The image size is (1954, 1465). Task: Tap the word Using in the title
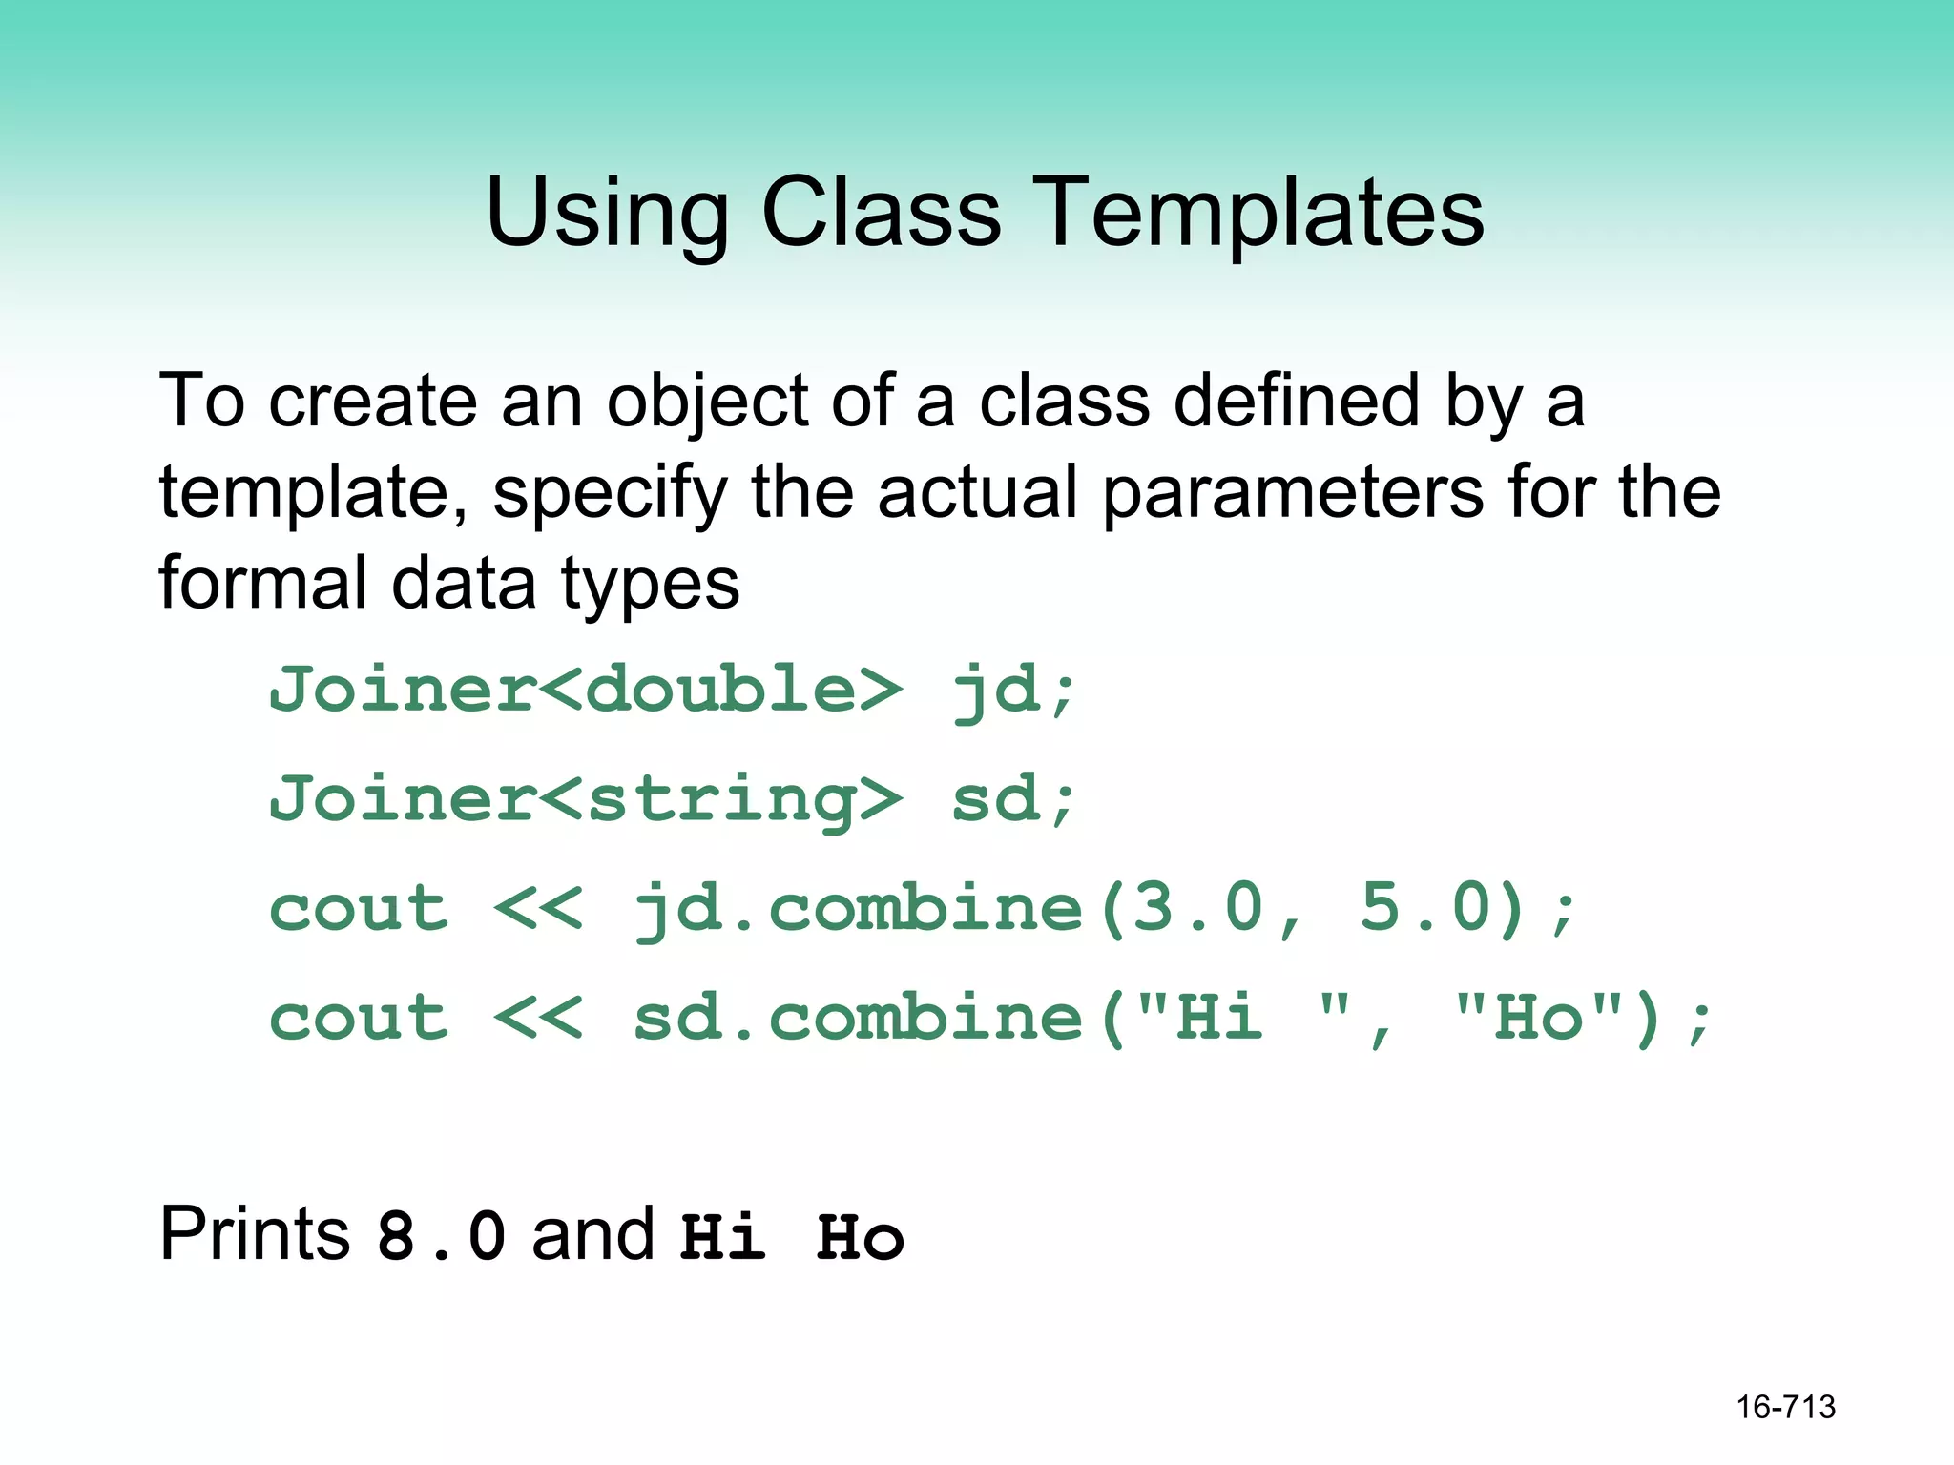click(608, 215)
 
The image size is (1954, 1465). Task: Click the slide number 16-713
click(1785, 1407)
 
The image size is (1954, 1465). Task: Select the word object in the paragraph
click(708, 402)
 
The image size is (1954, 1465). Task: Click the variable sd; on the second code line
click(1013, 799)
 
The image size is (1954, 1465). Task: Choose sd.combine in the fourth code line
click(859, 1017)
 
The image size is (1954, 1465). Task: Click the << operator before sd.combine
click(538, 1018)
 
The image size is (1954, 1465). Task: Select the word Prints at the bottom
click(255, 1234)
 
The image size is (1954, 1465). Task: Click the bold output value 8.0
click(441, 1236)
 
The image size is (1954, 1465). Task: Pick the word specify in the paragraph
click(610, 494)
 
